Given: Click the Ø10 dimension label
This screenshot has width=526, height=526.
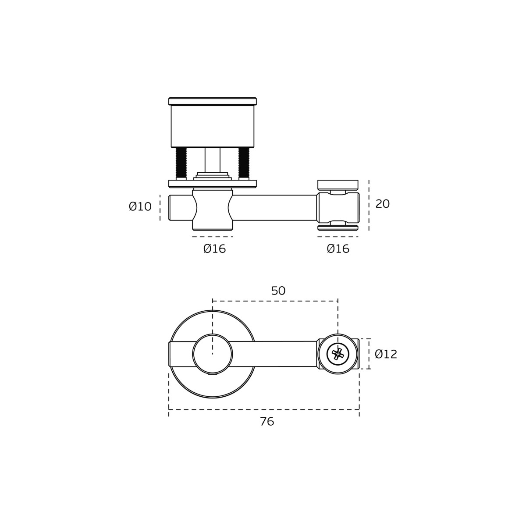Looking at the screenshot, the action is (140, 206).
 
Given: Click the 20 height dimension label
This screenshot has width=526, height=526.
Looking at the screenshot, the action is (382, 204).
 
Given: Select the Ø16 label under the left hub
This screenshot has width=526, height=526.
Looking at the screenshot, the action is (214, 249).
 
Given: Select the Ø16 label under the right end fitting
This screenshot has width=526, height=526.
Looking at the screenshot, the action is (338, 249).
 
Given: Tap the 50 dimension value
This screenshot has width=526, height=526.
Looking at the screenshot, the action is (278, 291).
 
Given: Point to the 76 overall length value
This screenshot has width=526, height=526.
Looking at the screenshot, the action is (267, 422).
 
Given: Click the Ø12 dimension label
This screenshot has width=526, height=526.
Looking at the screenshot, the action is (386, 354).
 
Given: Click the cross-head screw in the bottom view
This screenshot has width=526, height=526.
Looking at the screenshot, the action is (338, 354).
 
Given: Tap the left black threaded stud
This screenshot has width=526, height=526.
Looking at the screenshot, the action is (181, 163).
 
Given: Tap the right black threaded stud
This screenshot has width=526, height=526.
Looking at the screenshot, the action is (244, 163).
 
